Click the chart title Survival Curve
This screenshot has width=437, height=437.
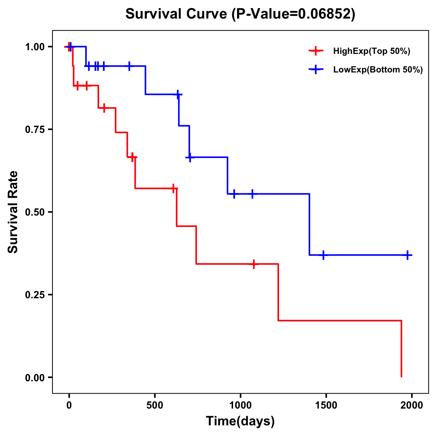tap(177, 14)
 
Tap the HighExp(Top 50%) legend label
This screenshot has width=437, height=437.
tap(371, 51)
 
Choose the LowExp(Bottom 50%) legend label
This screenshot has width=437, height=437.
tap(378, 70)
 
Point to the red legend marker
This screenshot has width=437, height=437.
tap(316, 51)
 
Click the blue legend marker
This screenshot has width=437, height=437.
tap(316, 70)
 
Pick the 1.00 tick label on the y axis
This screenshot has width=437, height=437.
tap(34, 47)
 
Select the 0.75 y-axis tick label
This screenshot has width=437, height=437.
tap(34, 130)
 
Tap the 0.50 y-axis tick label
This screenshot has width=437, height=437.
tap(34, 212)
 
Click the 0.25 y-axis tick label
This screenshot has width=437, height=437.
tap(34, 295)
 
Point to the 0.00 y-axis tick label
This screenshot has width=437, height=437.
tap(34, 378)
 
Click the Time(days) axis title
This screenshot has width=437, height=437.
tap(240, 421)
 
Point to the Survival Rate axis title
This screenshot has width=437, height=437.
tap(13, 212)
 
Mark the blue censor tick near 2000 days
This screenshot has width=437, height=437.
tap(408, 255)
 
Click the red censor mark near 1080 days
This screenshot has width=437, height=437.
tap(254, 264)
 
